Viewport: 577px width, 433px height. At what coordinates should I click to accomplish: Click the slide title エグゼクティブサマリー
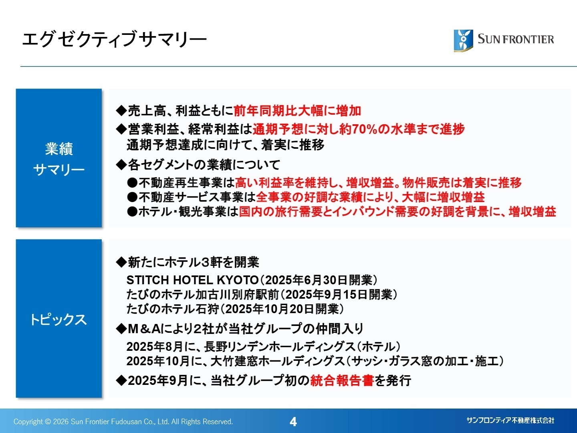tap(114, 40)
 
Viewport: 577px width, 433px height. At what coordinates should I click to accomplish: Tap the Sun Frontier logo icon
tap(463, 40)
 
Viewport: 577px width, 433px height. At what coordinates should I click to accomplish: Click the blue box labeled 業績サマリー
tap(59, 158)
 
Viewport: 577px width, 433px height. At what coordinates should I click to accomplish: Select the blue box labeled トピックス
tap(59, 319)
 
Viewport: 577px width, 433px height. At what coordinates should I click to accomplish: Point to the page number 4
tap(293, 421)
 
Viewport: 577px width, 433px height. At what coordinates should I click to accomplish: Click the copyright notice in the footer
tap(123, 421)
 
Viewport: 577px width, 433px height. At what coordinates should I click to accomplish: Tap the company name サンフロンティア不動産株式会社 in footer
tap(510, 420)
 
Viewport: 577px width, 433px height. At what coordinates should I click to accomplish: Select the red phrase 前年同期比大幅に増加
tap(297, 111)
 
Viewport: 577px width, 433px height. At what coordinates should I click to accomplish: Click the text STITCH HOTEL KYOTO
tap(192, 280)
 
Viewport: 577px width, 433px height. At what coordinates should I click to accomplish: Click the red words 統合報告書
tap(342, 380)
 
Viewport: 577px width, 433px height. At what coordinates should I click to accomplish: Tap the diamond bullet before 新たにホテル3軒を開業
tap(121, 263)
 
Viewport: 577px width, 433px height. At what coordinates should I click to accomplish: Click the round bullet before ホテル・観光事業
tap(132, 212)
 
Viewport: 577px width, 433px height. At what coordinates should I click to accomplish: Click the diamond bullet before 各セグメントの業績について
tap(121, 164)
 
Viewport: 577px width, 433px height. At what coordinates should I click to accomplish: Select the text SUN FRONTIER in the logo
tap(516, 39)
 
